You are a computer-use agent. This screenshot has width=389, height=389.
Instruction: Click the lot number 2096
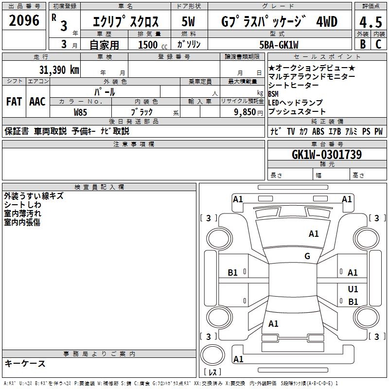24,20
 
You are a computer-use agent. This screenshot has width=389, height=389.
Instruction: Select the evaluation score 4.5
370,22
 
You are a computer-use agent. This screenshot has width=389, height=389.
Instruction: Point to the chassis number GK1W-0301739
327,155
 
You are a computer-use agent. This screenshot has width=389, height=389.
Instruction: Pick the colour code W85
80,112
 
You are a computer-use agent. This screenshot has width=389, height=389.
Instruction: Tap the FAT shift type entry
14,101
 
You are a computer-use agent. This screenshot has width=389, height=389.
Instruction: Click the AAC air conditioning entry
37,101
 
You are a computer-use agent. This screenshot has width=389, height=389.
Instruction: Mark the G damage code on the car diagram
307,256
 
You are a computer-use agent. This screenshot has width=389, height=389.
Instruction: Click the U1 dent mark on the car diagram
353,289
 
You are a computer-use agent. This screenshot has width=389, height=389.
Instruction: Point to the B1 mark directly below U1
353,301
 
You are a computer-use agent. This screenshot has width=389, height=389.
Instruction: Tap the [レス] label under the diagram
212,372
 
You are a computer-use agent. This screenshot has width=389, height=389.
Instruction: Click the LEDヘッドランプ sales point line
295,103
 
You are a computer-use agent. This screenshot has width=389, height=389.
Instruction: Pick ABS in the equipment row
318,131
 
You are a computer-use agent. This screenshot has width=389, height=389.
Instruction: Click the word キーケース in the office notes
25,363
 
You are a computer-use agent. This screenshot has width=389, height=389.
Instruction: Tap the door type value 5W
189,22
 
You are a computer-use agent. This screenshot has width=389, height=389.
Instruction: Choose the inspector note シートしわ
22,205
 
